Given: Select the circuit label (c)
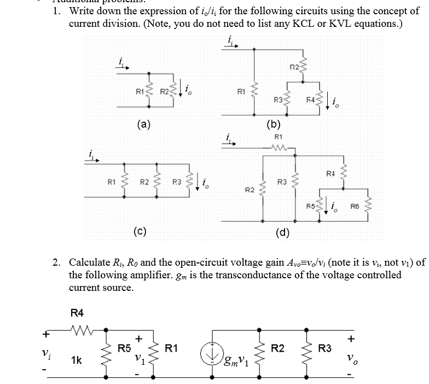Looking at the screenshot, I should (140, 230).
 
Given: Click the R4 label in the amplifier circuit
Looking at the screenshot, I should (77, 313).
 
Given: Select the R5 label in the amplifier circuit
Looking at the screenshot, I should (124, 347).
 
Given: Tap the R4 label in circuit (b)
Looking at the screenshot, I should (310, 100).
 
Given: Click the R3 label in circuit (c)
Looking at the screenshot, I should (177, 181).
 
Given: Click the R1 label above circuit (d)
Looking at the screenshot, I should (277, 136).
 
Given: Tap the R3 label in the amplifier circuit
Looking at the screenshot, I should (325, 347).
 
